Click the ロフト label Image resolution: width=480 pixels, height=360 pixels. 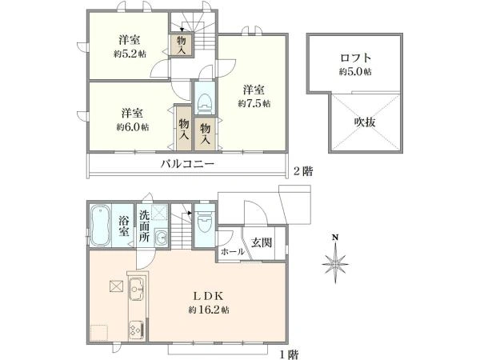point(356,58)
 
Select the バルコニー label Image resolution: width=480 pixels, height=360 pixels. point(186,164)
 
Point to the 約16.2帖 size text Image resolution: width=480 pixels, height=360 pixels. point(209,310)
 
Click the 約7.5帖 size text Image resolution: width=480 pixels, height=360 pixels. point(254,103)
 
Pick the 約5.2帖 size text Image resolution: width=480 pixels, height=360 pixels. point(128,54)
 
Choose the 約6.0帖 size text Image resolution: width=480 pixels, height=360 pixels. point(132,126)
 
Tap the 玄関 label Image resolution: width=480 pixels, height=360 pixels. point(263,243)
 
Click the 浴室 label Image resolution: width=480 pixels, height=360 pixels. point(126,226)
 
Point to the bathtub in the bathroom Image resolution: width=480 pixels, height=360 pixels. point(100,226)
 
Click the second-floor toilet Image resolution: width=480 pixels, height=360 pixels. point(204,100)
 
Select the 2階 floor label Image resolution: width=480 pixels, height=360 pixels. point(302,170)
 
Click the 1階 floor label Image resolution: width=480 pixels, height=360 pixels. point(289,353)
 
